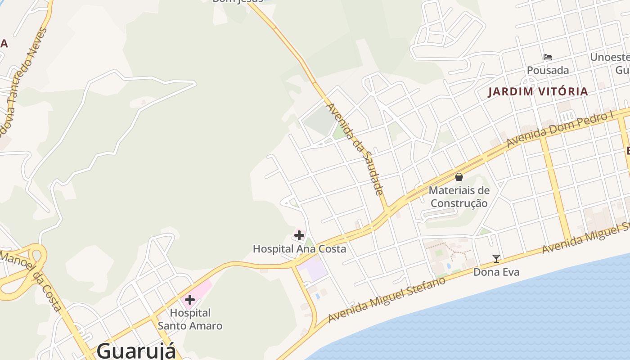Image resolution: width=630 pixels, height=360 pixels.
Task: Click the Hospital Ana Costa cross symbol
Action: [x=299, y=235]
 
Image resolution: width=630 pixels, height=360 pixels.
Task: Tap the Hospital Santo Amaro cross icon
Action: [x=190, y=299]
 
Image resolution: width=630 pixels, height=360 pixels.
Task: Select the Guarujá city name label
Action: [x=136, y=350]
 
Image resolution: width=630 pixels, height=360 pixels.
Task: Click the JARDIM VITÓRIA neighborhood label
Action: [x=538, y=92]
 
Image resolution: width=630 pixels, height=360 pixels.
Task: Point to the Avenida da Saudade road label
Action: [x=355, y=149]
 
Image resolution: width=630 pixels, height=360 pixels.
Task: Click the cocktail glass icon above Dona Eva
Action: [x=496, y=258]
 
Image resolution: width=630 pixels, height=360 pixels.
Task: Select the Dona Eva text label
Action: [x=496, y=272]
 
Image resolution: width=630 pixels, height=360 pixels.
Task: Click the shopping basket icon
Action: [x=459, y=177]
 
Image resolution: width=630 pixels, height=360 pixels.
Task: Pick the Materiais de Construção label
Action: [x=459, y=197]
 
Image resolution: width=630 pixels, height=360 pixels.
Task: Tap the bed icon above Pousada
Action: [x=548, y=57]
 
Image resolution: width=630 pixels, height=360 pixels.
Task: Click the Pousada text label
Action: [x=548, y=70]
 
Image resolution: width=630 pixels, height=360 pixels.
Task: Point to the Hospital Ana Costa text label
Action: [x=299, y=249]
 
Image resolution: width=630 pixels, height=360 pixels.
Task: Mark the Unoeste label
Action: [x=609, y=58]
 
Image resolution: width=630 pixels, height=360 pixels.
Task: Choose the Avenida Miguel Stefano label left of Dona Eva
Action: [x=387, y=300]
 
